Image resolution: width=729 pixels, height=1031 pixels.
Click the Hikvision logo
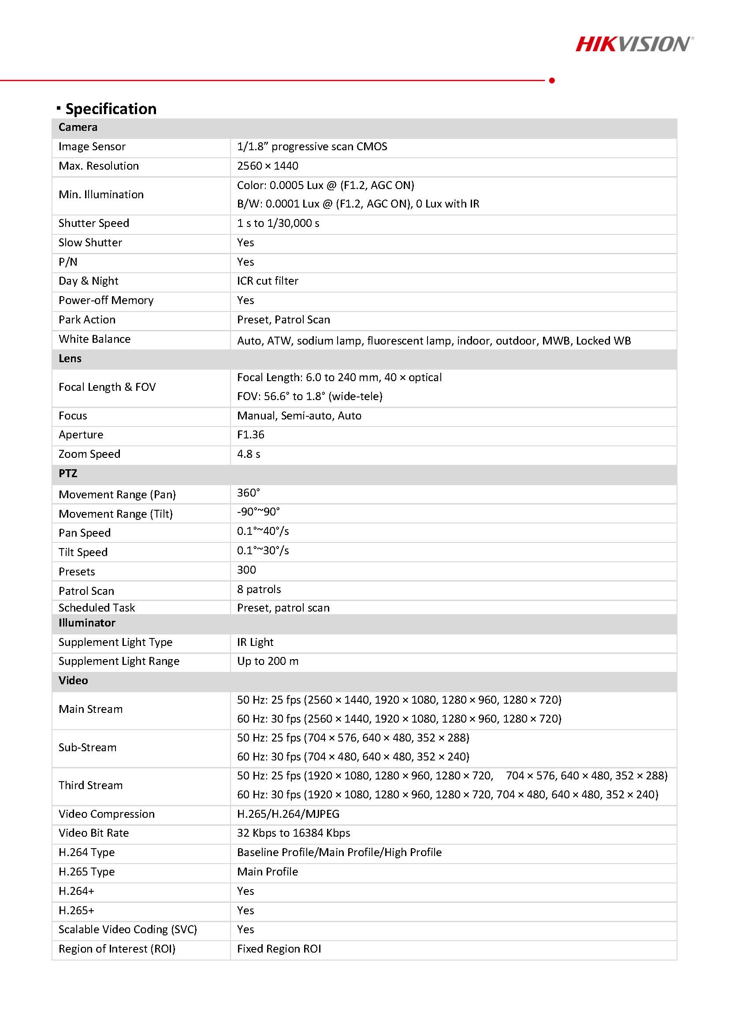tap(634, 44)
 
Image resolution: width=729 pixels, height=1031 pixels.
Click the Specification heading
tap(111, 109)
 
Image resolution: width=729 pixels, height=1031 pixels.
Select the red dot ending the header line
tap(551, 80)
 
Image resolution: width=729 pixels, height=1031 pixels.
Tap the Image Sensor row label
tap(92, 146)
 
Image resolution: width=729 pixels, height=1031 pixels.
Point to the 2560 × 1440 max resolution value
tap(267, 166)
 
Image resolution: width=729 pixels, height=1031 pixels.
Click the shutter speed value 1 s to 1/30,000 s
tap(278, 223)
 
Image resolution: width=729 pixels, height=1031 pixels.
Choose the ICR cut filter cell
tap(267, 281)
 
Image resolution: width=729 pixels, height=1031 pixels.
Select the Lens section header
tap(70, 358)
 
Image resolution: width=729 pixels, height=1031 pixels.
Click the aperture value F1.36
tap(251, 434)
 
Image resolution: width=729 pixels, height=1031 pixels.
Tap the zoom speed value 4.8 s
tap(249, 454)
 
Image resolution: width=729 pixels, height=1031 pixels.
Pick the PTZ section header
tap(68, 473)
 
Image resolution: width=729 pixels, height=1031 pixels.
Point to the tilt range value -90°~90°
tap(258, 512)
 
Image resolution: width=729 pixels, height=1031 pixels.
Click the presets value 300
tap(246, 570)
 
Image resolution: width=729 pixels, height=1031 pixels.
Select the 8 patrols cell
tap(259, 589)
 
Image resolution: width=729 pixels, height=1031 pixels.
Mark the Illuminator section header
tap(87, 623)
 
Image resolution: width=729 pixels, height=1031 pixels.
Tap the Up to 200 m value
tap(268, 661)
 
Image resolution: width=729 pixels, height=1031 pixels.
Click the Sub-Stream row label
tap(88, 747)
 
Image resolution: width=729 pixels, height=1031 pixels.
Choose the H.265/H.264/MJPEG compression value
tap(288, 814)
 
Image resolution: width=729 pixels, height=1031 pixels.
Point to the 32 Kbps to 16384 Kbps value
tap(293, 833)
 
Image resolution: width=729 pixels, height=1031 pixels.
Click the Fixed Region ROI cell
tap(279, 949)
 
